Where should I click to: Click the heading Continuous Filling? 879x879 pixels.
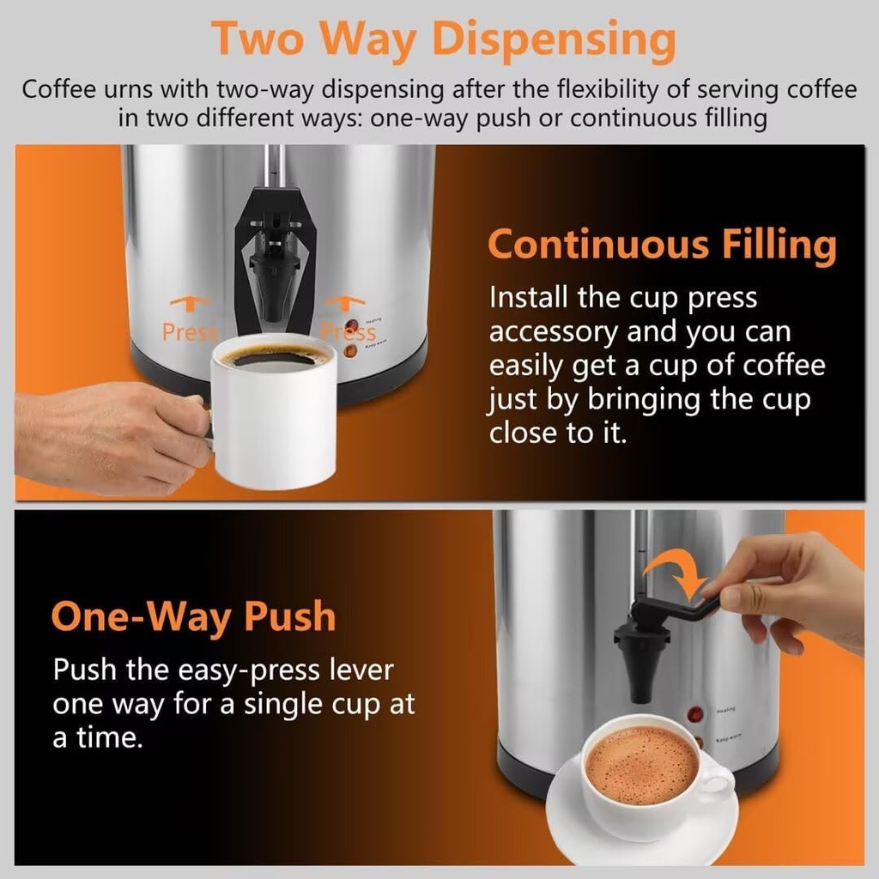[661, 245]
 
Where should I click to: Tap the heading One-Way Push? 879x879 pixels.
[193, 616]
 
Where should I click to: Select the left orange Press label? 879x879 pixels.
[189, 331]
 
